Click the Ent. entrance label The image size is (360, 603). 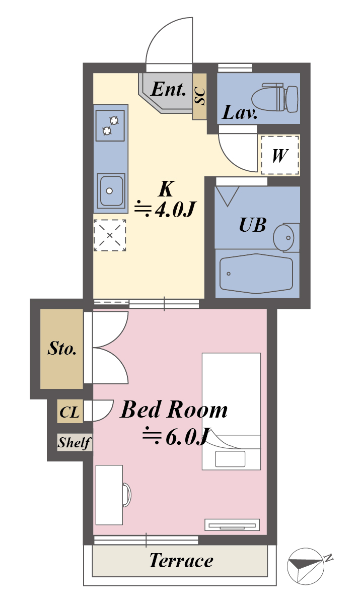pos(168,89)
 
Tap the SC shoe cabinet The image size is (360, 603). pos(200,96)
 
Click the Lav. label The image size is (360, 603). pos(240,113)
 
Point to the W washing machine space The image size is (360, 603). pos(280,155)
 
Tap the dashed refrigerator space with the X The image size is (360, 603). pos(110,235)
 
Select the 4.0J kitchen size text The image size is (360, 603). pos(165,209)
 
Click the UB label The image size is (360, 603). pos(252,225)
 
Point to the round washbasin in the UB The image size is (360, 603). pos(283,237)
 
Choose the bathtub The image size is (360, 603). pos(256,274)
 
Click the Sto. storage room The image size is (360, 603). pos(62,349)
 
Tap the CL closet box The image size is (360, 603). pos(70,412)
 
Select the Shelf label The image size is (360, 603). pos(75,442)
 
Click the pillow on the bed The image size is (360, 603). pos(230,459)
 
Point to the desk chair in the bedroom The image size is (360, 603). pos(127,496)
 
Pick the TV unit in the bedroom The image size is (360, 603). pos(232,525)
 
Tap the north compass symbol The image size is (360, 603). pos(306,565)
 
